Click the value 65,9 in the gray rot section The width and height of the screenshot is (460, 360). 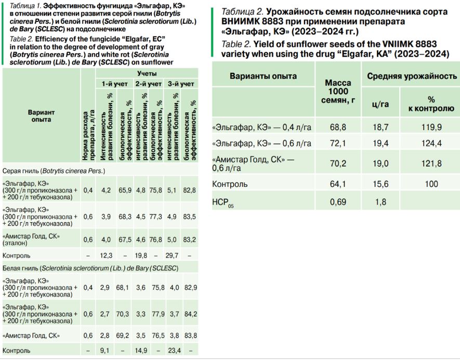coord(124,190)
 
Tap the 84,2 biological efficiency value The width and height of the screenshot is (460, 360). coord(191,314)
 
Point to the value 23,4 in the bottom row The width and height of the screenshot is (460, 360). coord(173,351)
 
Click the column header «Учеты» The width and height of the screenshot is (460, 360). coord(148,73)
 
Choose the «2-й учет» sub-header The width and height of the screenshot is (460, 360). coord(148,83)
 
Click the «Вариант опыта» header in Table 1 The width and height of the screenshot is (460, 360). coord(41,115)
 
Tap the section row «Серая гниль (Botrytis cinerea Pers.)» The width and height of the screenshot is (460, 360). coord(54,171)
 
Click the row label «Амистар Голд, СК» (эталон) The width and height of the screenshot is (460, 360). coord(31,239)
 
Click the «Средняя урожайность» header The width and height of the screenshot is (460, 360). coord(412,76)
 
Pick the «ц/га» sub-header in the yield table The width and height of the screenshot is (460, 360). coord(380,103)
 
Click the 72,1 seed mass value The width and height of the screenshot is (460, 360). coord(338,143)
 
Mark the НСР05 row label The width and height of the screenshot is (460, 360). coord(223,202)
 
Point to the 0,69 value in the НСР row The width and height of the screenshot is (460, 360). coord(338,201)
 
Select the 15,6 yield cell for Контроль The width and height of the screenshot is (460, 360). coord(380,184)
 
